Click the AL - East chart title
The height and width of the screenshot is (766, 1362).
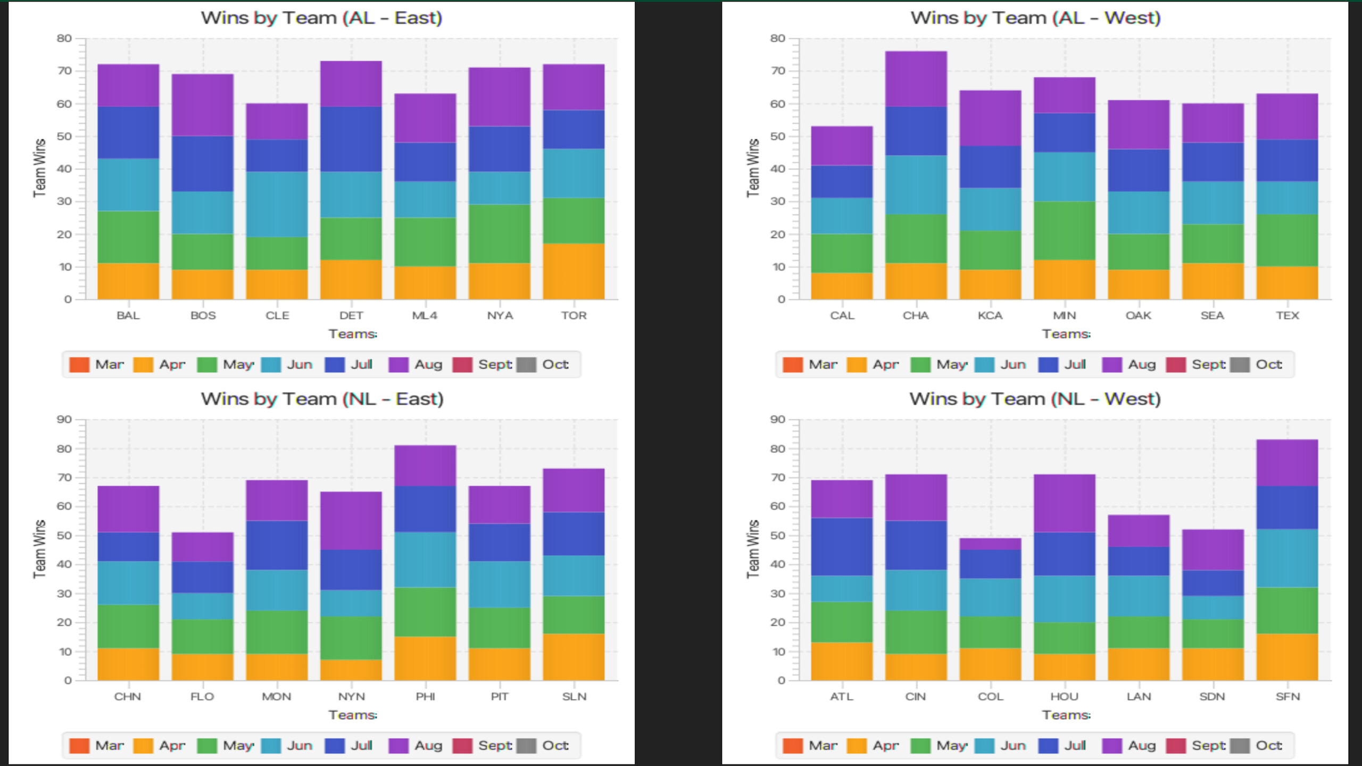pyautogui.click(x=321, y=18)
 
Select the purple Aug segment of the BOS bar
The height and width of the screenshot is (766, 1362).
pyautogui.click(x=202, y=105)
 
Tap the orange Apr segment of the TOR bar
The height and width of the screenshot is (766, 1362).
pyautogui.click(x=574, y=271)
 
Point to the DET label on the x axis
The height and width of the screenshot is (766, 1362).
pyautogui.click(x=351, y=315)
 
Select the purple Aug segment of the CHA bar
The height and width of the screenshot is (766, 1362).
pyautogui.click(x=916, y=79)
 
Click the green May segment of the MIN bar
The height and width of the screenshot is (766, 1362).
pyautogui.click(x=1064, y=230)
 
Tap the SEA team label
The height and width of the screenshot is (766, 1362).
pyautogui.click(x=1212, y=315)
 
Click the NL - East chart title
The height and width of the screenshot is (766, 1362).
pyautogui.click(x=322, y=399)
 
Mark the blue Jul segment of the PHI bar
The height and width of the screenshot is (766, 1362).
pyautogui.click(x=425, y=509)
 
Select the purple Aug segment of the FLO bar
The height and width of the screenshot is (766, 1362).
pyautogui.click(x=202, y=547)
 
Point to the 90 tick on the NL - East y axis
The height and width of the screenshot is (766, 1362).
pyautogui.click(x=64, y=420)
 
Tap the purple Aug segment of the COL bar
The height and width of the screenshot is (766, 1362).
pyautogui.click(x=990, y=544)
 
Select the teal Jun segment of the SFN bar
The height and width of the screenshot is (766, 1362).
pyautogui.click(x=1287, y=558)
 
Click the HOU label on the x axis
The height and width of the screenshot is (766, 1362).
pyautogui.click(x=1064, y=697)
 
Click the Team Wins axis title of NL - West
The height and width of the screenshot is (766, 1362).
pyautogui.click(x=753, y=549)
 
